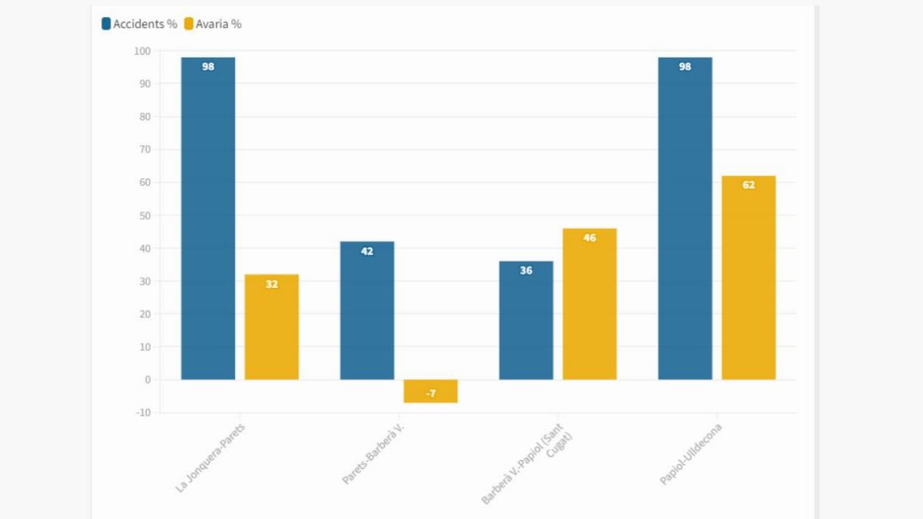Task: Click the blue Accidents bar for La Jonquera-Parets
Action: tap(208, 221)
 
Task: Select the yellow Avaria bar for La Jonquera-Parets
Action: tap(272, 329)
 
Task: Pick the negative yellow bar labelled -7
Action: tap(430, 391)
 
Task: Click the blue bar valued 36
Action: tap(526, 322)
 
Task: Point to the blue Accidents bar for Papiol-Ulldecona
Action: tap(685, 221)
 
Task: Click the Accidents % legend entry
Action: tap(140, 24)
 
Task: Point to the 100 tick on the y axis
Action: tap(142, 51)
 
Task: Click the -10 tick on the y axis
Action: tap(142, 413)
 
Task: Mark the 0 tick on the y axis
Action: tap(147, 379)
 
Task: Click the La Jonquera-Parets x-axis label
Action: tap(210, 457)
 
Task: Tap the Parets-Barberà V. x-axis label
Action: tap(374, 453)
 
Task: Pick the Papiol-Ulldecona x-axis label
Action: tap(691, 453)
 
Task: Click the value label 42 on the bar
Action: tap(367, 252)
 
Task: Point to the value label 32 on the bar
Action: tap(272, 284)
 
